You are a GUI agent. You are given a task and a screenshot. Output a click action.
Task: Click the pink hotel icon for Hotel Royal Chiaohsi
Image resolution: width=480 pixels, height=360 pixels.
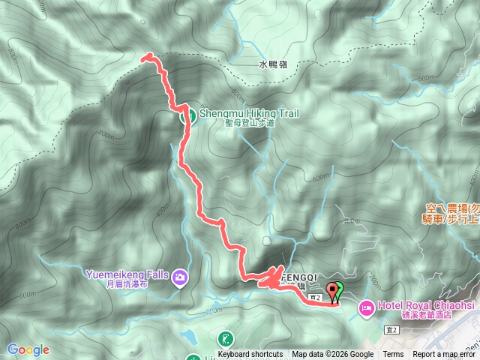pos(367,307)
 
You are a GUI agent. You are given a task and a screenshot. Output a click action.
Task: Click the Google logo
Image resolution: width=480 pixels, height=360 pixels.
pos(28,349)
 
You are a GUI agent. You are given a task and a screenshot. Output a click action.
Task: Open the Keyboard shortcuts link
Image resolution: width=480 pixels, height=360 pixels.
pos(250,355)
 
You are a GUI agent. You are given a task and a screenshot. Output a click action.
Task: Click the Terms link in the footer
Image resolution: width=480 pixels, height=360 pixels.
pos(393,355)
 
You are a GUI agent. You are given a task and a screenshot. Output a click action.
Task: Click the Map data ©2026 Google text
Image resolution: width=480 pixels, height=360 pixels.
pos(332,355)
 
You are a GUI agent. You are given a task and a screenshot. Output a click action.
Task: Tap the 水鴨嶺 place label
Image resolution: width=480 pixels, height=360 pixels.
pos(273,65)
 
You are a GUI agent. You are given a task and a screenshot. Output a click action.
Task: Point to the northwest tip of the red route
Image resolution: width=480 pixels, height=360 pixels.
pos(145,56)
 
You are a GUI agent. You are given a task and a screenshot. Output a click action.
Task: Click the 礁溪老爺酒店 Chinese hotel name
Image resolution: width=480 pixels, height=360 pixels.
pos(416,316)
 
